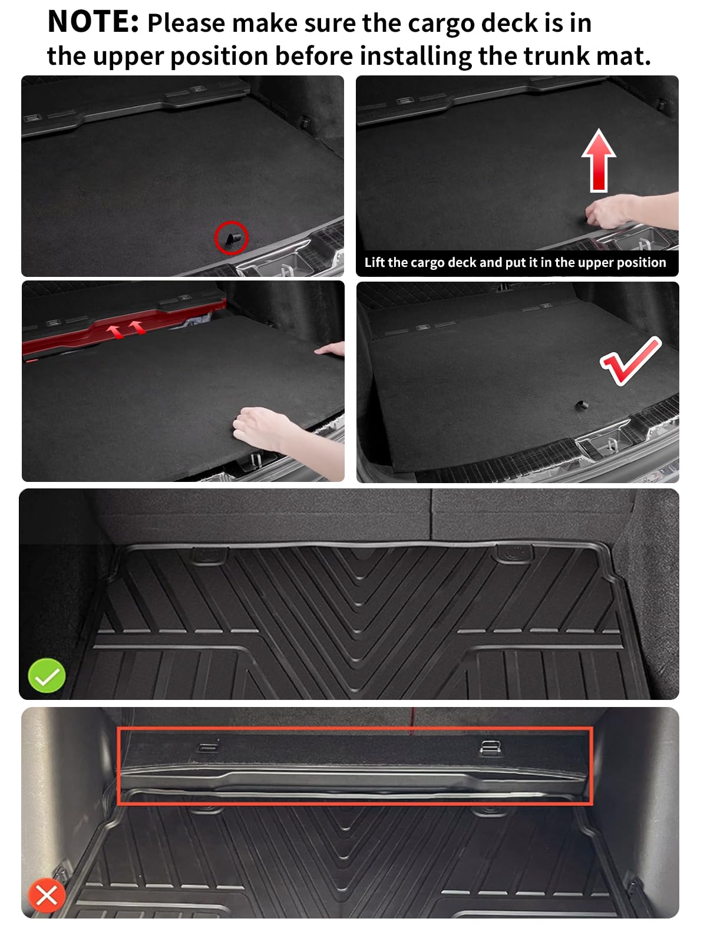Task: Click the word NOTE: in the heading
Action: click(x=93, y=22)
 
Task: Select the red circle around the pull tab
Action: click(x=231, y=237)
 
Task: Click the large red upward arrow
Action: click(x=599, y=160)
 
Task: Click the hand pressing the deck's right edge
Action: click(x=331, y=350)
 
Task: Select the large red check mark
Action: click(x=630, y=361)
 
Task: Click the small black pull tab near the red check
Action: click(x=581, y=405)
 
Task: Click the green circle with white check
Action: click(x=47, y=676)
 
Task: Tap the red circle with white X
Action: click(x=47, y=896)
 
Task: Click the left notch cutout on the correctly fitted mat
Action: click(x=210, y=554)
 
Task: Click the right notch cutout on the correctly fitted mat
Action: click(x=515, y=553)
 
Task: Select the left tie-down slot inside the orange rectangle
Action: click(x=207, y=748)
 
